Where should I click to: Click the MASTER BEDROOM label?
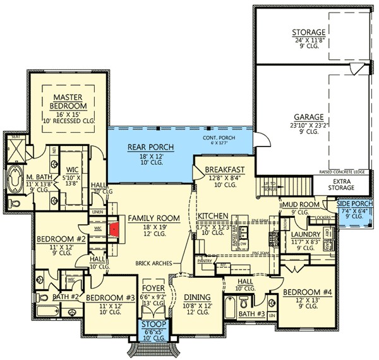[x=69, y=100]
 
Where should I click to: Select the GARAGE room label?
[x=308, y=117]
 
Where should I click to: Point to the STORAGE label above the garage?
[x=308, y=32]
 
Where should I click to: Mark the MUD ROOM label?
[x=299, y=205]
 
